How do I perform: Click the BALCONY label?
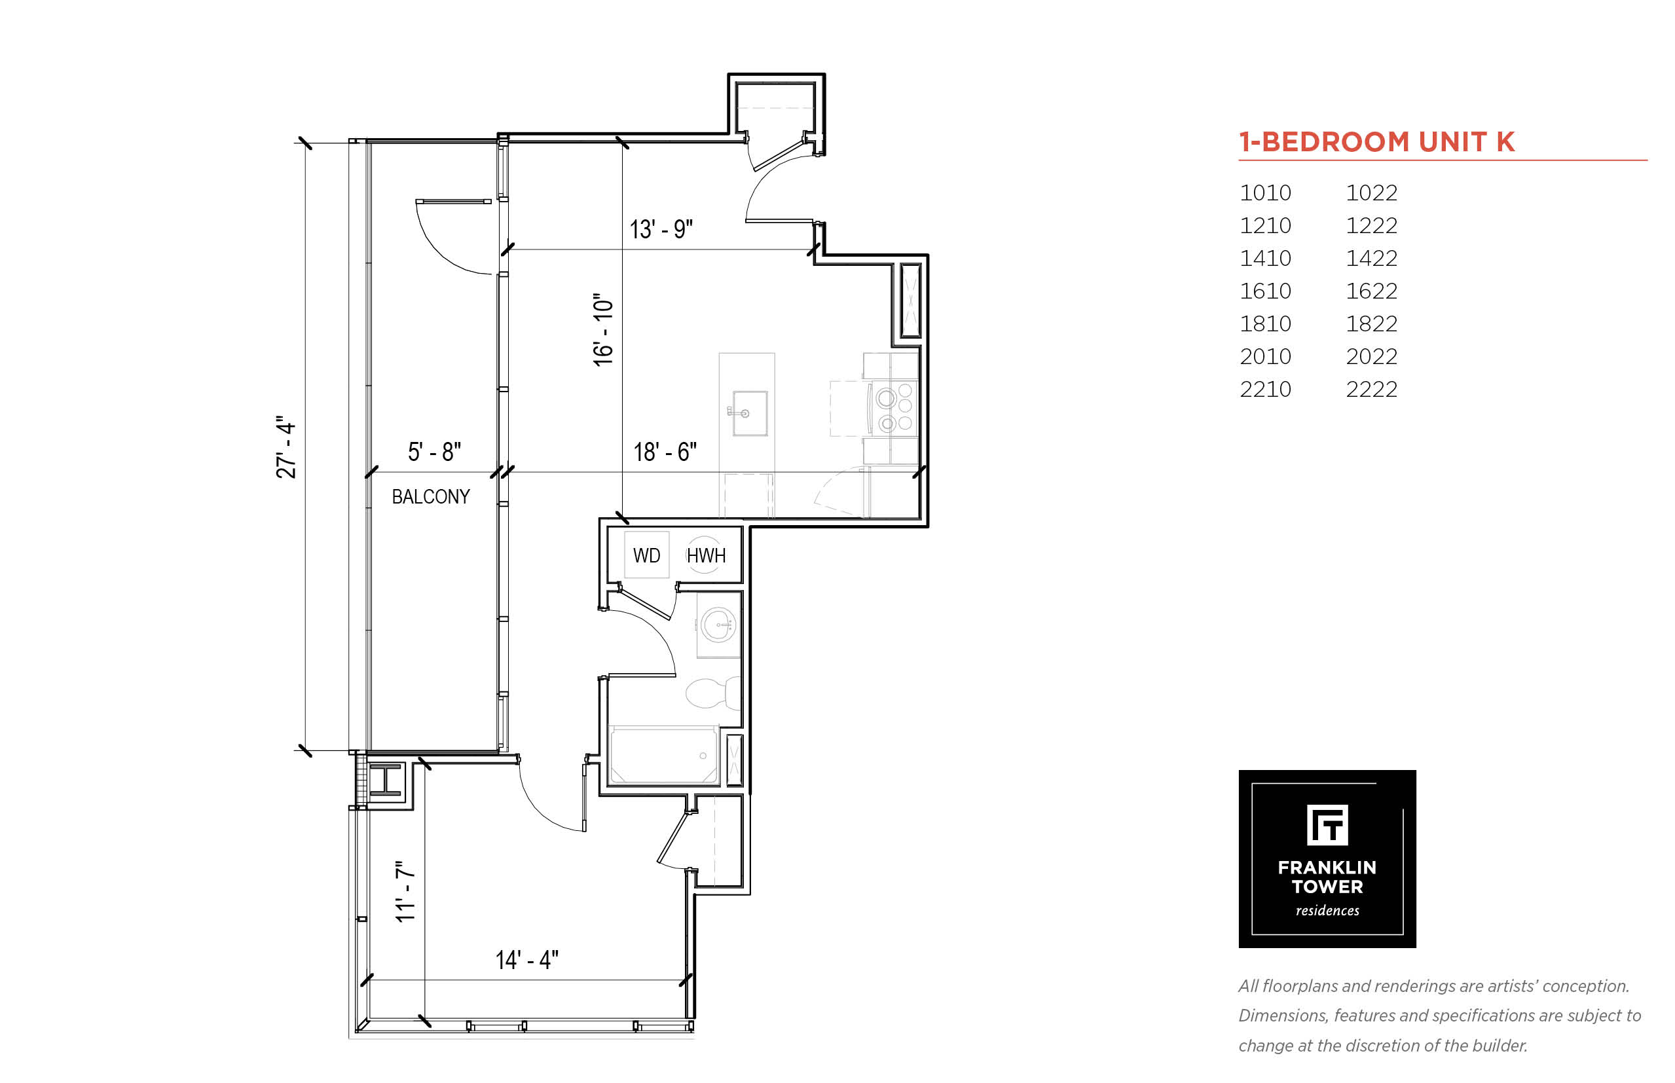click(x=430, y=496)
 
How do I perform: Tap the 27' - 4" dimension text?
click(x=285, y=447)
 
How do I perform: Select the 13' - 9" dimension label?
click(x=660, y=229)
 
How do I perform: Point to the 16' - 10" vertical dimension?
click(x=603, y=330)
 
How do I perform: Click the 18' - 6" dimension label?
click(x=665, y=452)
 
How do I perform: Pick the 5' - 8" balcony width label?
click(x=435, y=452)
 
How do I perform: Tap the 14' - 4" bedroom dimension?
click(x=526, y=960)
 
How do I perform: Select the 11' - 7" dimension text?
click(x=405, y=891)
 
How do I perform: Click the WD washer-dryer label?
click(x=646, y=555)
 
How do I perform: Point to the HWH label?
click(x=705, y=555)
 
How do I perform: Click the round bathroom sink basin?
click(x=719, y=625)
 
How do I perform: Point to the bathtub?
click(x=663, y=756)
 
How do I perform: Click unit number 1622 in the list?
click(x=1371, y=291)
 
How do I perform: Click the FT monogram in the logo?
click(x=1327, y=825)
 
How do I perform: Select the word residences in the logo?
click(x=1327, y=910)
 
